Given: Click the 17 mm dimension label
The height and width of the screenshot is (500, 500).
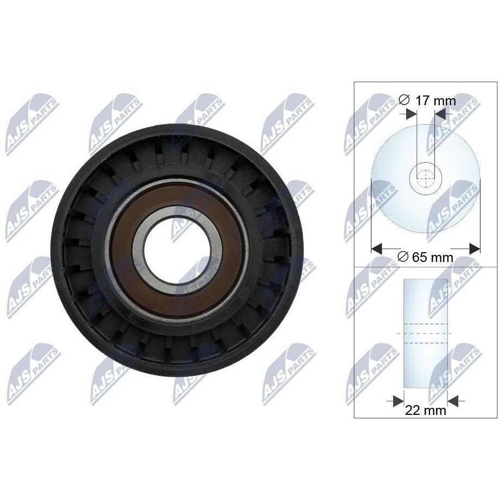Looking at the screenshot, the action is click(x=427, y=101).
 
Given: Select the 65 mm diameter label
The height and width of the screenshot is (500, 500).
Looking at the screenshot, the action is click(x=426, y=257).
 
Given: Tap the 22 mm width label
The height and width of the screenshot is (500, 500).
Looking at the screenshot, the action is click(x=425, y=410).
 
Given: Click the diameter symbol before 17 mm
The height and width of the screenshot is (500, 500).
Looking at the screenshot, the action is click(x=403, y=100).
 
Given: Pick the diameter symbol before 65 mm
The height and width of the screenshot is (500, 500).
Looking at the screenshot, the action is click(x=403, y=257).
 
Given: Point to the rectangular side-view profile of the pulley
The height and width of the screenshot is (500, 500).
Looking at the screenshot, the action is click(x=425, y=333).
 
